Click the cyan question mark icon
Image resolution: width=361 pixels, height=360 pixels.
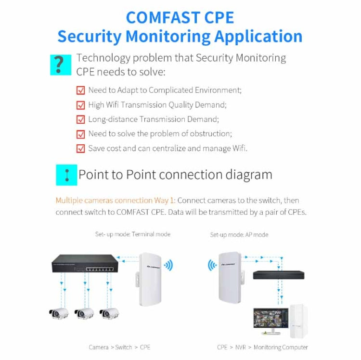point(60,64)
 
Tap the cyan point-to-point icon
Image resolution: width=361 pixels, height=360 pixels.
point(66,175)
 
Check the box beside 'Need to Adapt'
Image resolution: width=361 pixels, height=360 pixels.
point(81,90)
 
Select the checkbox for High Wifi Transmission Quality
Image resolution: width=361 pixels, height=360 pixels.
point(81,104)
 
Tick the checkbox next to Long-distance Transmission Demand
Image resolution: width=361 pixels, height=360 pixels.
point(81,119)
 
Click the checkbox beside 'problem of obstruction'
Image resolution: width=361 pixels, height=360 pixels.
point(81,134)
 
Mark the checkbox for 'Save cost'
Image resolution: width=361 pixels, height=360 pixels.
point(81,148)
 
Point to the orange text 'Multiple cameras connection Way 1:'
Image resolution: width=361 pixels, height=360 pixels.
point(116,200)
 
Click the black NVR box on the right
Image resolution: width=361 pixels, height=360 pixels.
point(278,275)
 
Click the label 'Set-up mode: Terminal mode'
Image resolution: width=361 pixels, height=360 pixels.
point(132,234)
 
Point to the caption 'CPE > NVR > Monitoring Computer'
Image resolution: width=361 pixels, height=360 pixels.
point(262,347)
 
